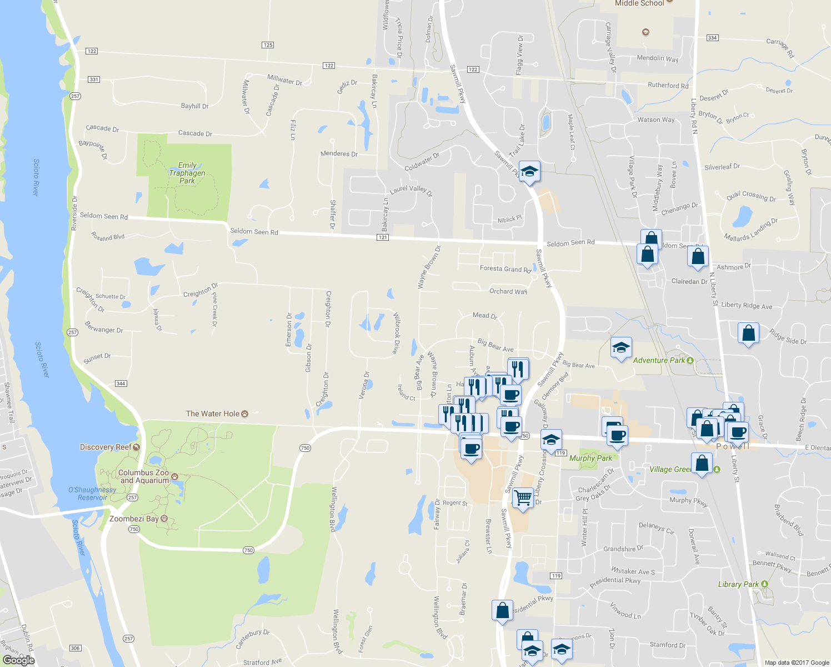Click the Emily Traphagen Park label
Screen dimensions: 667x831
click(187, 173)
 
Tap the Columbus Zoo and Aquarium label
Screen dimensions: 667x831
click(143, 476)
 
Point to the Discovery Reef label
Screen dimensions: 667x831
click(106, 447)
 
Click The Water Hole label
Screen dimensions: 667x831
click(213, 414)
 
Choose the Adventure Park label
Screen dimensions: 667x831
click(659, 360)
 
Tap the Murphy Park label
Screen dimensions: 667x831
click(590, 458)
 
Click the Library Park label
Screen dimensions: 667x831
click(738, 584)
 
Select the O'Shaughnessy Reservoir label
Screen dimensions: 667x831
click(92, 494)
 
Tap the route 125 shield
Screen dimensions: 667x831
click(268, 45)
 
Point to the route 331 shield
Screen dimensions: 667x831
click(94, 79)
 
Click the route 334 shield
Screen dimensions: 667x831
click(712, 38)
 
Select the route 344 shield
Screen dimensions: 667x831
click(121, 384)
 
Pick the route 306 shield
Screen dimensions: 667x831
click(76, 648)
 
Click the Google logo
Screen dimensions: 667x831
click(19, 660)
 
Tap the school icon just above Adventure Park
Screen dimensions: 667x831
click(620, 349)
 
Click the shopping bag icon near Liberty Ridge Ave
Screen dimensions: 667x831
click(748, 333)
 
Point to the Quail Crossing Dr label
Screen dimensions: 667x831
click(751, 196)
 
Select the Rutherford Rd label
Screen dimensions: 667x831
click(668, 86)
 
